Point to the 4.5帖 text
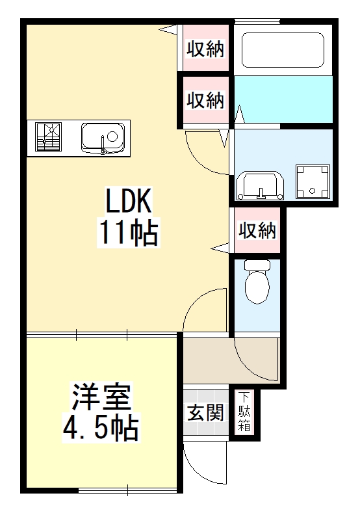click(101, 427)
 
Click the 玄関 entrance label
click(206, 412)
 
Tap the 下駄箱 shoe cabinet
click(244, 412)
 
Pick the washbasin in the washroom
click(260, 184)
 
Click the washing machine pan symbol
click(312, 181)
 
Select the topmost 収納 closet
click(206, 49)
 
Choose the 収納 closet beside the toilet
click(257, 230)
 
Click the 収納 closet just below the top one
click(206, 100)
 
